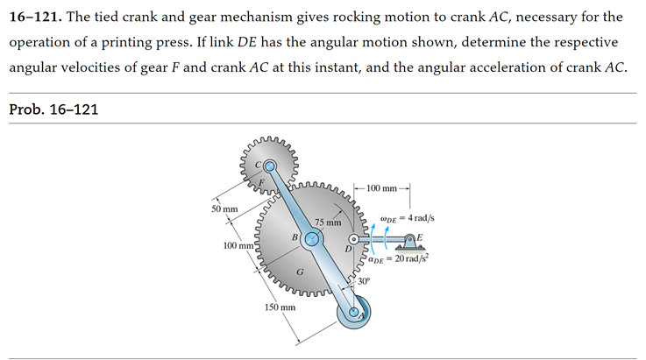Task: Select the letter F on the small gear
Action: click(x=260, y=182)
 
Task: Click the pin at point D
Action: click(x=354, y=238)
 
